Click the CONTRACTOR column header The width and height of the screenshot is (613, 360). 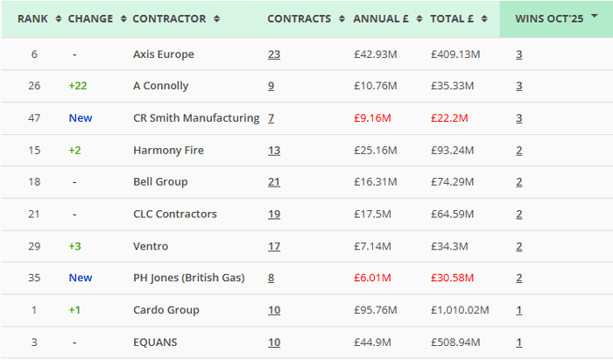170,18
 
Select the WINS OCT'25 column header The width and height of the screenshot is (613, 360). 550,18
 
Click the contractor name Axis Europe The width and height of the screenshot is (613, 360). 164,54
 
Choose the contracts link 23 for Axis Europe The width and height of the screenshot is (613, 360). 274,54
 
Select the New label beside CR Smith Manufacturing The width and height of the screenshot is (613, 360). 81,118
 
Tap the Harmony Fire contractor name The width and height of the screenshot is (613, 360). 168,150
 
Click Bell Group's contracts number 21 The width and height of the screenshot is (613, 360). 274,182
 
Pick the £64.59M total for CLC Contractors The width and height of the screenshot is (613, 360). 452,214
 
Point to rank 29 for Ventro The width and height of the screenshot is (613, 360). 34,246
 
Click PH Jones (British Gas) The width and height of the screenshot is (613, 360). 188,278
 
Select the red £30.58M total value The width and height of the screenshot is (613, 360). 452,278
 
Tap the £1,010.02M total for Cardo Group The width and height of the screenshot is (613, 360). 460,310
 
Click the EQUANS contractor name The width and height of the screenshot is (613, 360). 156,342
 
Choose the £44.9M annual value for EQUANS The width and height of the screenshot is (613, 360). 370,342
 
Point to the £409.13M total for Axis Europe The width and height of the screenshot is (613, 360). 455,54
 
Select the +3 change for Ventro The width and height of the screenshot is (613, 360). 75,246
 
